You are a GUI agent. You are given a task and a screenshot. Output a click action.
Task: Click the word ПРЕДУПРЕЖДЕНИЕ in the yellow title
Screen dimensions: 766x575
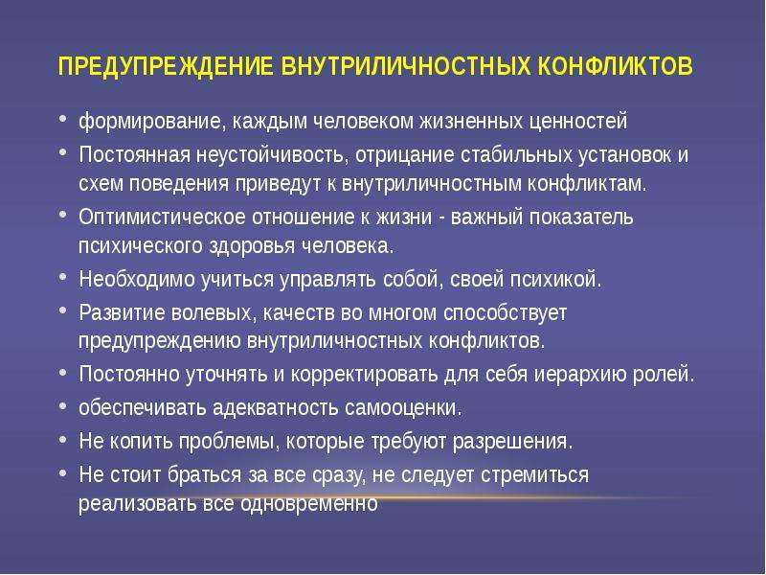pos(165,66)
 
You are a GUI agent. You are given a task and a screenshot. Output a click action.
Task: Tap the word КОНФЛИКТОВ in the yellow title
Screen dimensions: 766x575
pos(615,66)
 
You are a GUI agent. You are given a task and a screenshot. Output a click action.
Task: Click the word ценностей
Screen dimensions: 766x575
pos(578,122)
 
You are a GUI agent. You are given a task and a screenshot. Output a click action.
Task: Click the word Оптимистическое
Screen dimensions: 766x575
pos(162,217)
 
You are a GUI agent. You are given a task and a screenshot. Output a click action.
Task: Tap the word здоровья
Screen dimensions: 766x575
pos(252,246)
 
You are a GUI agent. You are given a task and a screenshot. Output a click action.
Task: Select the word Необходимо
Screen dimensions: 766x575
pos(137,279)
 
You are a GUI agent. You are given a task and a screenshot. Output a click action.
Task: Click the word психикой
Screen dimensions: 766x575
pos(556,279)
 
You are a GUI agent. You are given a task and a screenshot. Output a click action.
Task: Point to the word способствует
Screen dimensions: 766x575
pos(506,313)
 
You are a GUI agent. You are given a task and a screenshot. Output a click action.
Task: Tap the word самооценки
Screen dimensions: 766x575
pos(403,408)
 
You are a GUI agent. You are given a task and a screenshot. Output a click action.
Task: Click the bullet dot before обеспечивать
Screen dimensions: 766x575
pos(62,405)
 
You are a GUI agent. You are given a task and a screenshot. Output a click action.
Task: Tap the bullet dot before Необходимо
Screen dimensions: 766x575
pos(62,277)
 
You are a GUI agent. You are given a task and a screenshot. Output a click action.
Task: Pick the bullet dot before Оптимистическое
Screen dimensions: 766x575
pos(62,215)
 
